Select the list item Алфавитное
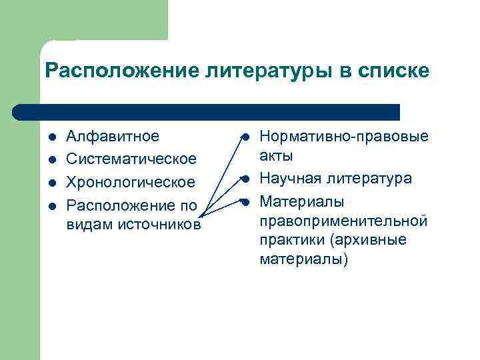point(113,137)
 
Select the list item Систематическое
point(131,159)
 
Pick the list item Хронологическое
point(131,182)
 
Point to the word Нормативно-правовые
point(344,137)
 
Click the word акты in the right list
point(276,155)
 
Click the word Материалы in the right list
point(301,201)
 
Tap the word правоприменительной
point(343,220)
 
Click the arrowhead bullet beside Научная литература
point(245,179)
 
